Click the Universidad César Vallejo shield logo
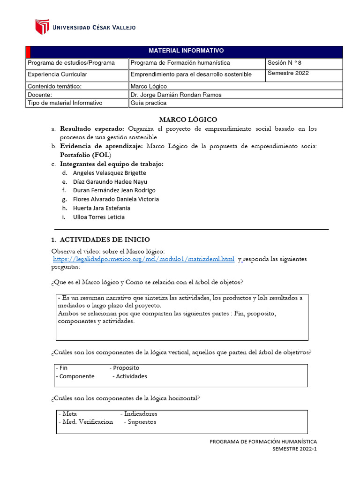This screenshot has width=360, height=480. tap(42, 27)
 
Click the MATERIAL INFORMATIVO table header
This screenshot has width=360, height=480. tap(186, 51)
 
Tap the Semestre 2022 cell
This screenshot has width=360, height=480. tap(288, 73)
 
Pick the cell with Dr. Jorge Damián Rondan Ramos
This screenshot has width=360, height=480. tap(176, 95)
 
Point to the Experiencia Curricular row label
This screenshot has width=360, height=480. tap(58, 75)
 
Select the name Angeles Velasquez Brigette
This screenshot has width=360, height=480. tap(110, 173)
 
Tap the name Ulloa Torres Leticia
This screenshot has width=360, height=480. tap(99, 217)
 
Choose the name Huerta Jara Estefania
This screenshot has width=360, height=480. tap(102, 208)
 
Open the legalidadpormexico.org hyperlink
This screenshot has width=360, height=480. tap(143, 259)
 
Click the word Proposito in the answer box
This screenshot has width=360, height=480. tap(126, 368)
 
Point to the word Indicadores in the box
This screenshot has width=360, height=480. tap(141, 414)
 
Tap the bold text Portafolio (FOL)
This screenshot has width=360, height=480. tap(85, 155)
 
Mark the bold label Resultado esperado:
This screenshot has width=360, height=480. tap(92, 128)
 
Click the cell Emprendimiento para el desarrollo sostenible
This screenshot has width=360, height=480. tap(191, 75)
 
